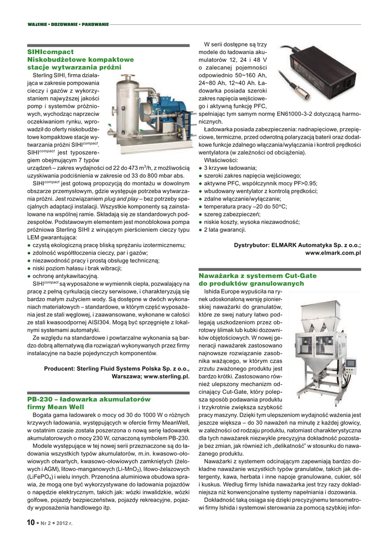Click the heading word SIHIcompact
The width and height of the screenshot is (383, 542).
coord(50,52)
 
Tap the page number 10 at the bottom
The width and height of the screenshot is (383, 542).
coord(31,523)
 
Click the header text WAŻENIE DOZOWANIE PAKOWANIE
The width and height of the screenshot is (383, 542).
coord(68,24)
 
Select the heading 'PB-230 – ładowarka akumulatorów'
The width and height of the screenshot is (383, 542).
coord(88,399)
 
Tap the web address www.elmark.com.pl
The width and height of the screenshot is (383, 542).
coord(333,253)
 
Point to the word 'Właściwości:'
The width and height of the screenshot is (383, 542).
coord(221,160)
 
